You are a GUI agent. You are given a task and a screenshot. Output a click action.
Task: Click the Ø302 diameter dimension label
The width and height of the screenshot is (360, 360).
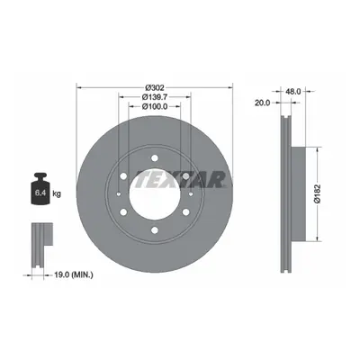155,88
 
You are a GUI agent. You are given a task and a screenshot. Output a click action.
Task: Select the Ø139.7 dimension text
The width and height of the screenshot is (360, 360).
155,97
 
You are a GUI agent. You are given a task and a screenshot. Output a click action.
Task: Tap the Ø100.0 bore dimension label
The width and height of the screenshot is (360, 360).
155,106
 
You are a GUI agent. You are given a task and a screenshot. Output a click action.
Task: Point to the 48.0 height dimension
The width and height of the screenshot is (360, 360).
293,92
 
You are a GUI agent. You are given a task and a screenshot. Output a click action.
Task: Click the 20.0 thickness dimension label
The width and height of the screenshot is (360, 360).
262,103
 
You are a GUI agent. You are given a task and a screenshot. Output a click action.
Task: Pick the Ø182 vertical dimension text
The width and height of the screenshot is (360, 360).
318,194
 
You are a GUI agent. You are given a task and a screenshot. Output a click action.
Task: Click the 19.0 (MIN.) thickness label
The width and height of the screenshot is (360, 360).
74,274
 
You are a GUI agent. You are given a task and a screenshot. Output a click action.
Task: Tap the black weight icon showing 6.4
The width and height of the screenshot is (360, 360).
40,189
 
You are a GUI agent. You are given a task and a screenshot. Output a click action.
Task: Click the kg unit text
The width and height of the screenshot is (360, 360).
57,193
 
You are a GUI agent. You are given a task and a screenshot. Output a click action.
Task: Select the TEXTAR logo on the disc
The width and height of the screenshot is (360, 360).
181,179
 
